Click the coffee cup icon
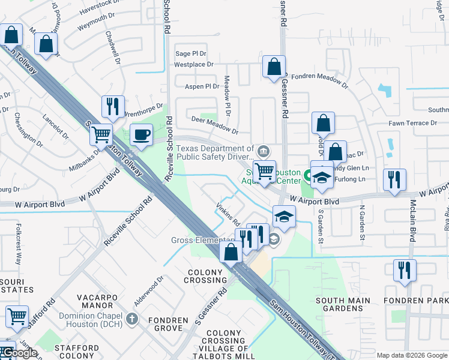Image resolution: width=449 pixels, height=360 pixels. (x=142, y=134)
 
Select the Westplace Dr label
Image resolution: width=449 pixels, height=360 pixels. (x=194, y=64)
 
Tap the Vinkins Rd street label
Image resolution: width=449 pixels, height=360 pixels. (x=228, y=214)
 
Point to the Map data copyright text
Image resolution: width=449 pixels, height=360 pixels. (x=412, y=355)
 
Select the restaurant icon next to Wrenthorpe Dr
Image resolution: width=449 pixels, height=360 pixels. (x=113, y=106)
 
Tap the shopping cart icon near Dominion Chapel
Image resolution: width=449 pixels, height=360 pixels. (x=16, y=316)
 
